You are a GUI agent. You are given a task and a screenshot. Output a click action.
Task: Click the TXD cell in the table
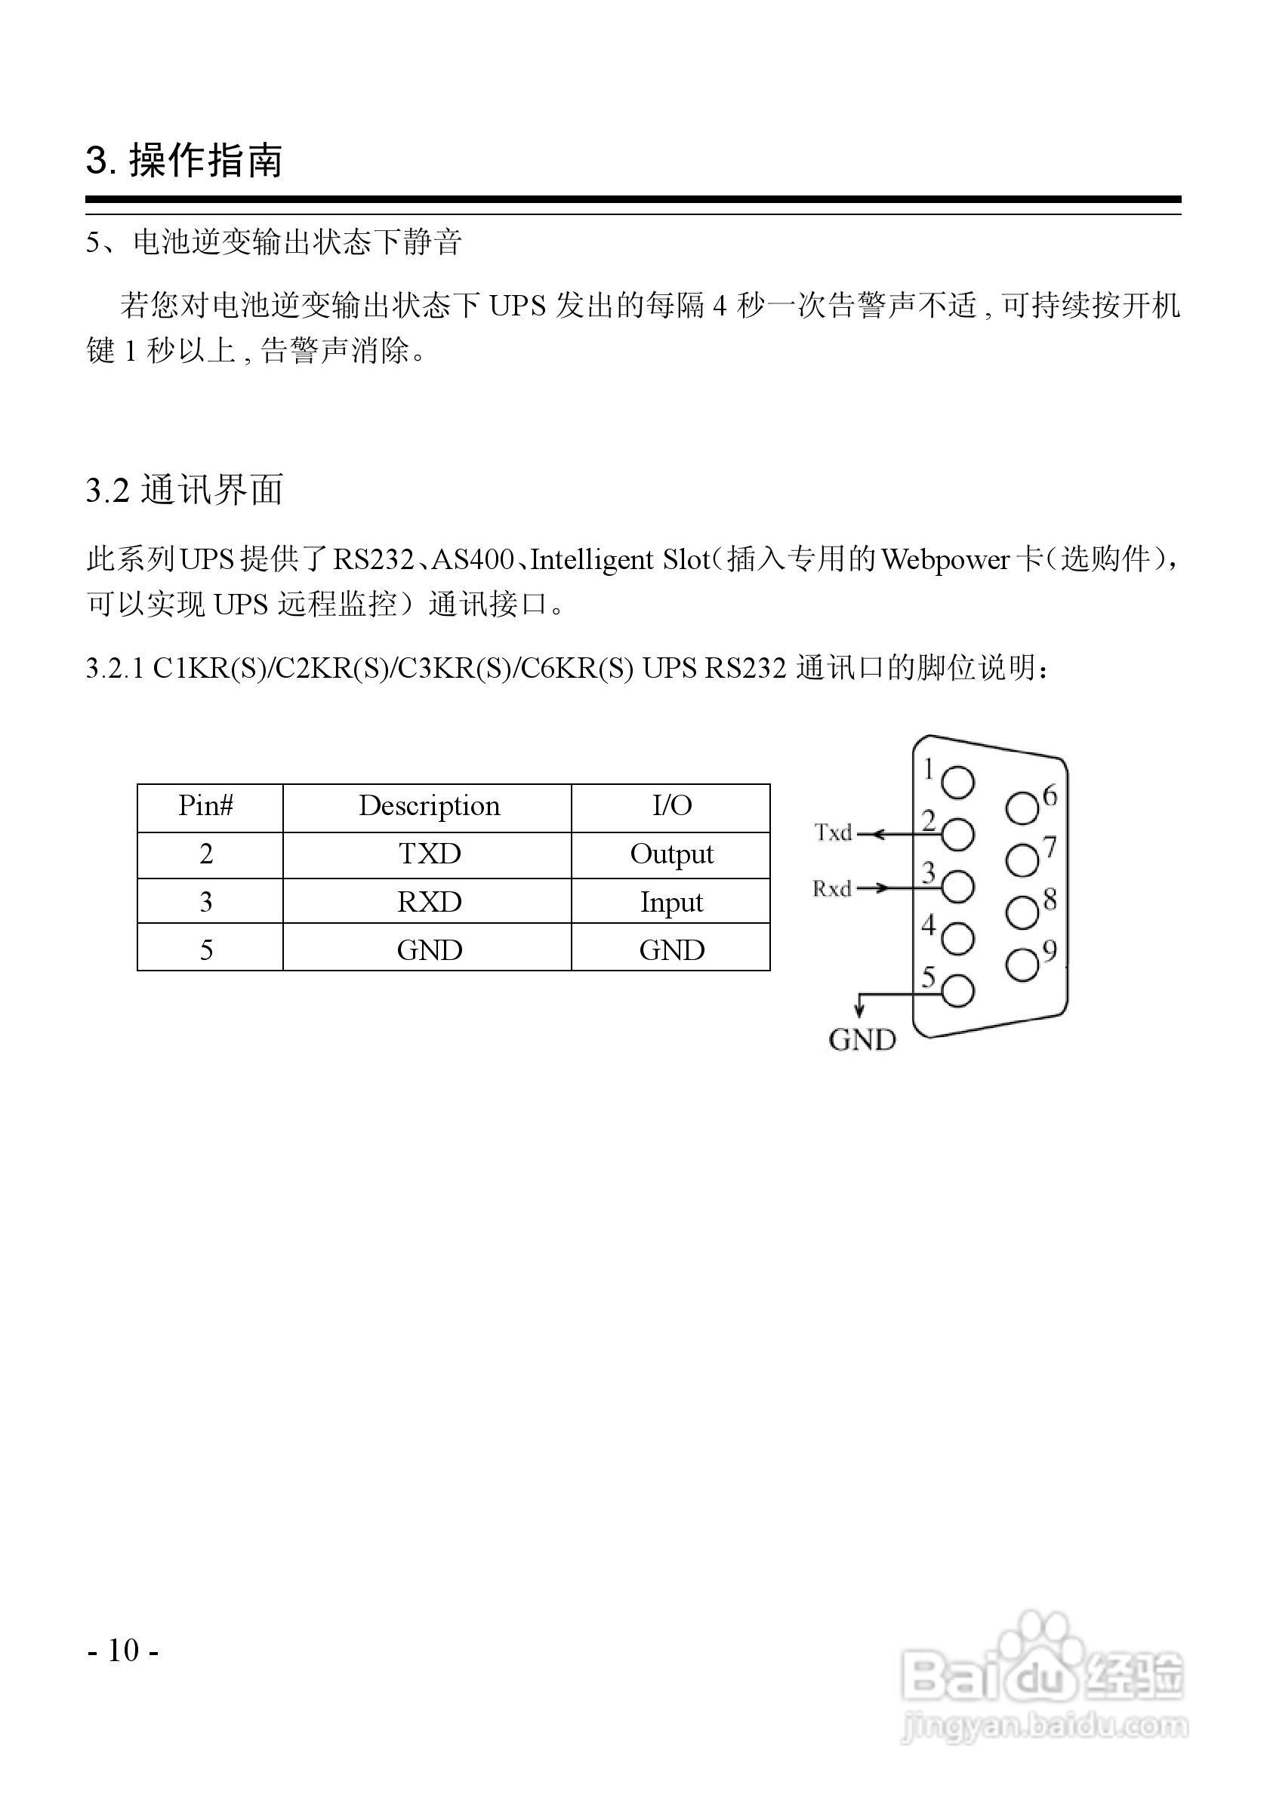pos(429,854)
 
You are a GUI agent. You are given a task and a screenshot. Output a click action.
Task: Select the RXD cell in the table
pos(429,902)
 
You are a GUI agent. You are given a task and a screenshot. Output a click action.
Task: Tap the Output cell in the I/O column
pos(671,854)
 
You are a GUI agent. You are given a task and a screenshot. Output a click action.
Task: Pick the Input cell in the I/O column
pos(671,902)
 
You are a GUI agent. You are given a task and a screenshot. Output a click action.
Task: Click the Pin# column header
pos(206,806)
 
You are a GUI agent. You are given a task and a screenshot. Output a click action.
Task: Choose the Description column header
pos(429,806)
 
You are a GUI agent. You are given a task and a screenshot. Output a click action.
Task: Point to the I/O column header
pos(671,806)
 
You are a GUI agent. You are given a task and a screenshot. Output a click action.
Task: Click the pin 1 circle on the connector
pos(957,782)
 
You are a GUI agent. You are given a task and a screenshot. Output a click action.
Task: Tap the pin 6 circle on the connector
pos(1022,808)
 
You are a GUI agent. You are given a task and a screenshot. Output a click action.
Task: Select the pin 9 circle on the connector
pos(1022,965)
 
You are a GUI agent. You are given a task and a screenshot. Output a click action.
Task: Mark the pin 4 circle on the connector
pos(957,938)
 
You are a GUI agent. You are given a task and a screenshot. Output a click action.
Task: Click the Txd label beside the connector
pos(832,832)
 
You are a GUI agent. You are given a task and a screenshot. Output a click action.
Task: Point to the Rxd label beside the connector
pos(831,888)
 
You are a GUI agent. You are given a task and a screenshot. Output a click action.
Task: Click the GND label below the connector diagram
pos(862,1040)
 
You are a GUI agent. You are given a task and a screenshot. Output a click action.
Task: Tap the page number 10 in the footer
pos(124,1651)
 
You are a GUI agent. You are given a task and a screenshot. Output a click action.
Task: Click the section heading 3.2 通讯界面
pos(185,491)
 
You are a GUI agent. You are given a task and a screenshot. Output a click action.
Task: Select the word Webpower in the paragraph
pos(945,559)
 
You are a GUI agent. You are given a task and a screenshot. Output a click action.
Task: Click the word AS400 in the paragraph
pos(473,559)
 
